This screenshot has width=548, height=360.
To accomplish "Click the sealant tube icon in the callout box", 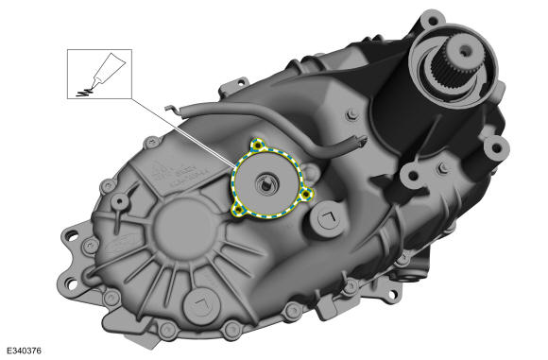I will coord(100,75).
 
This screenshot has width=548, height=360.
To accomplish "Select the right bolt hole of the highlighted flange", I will coord(306,194).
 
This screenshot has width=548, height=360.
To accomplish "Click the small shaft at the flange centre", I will coord(270,181).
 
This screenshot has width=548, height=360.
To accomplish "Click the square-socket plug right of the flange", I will coord(330,220).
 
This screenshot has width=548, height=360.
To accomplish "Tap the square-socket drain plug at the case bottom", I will coord(202,303).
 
